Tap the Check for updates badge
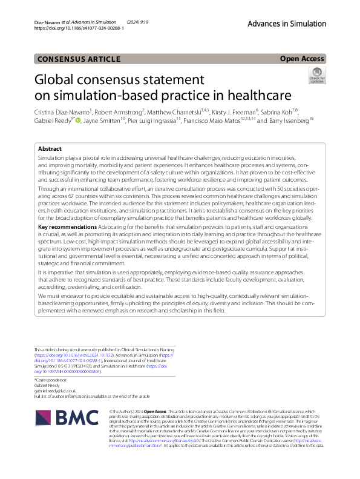pos(317,76)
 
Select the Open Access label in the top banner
pos(302,59)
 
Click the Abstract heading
pos(50,148)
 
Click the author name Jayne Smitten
pos(105,121)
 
